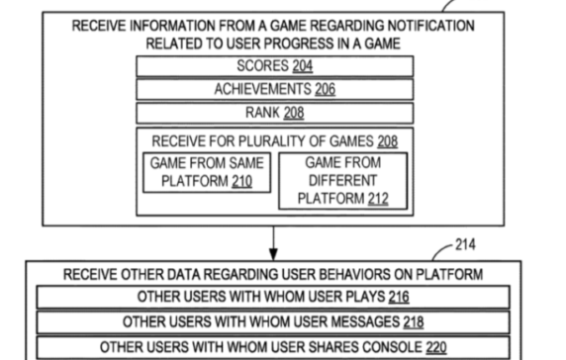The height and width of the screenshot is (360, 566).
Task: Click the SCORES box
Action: (x=274, y=66)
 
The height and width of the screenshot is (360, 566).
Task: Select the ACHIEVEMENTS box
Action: (x=274, y=89)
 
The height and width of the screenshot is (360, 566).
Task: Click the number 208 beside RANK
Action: (x=293, y=113)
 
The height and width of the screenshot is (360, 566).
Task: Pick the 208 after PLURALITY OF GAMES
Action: (x=387, y=141)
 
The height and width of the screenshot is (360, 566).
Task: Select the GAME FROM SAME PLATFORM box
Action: (x=208, y=171)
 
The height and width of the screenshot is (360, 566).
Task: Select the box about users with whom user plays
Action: (x=273, y=297)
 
